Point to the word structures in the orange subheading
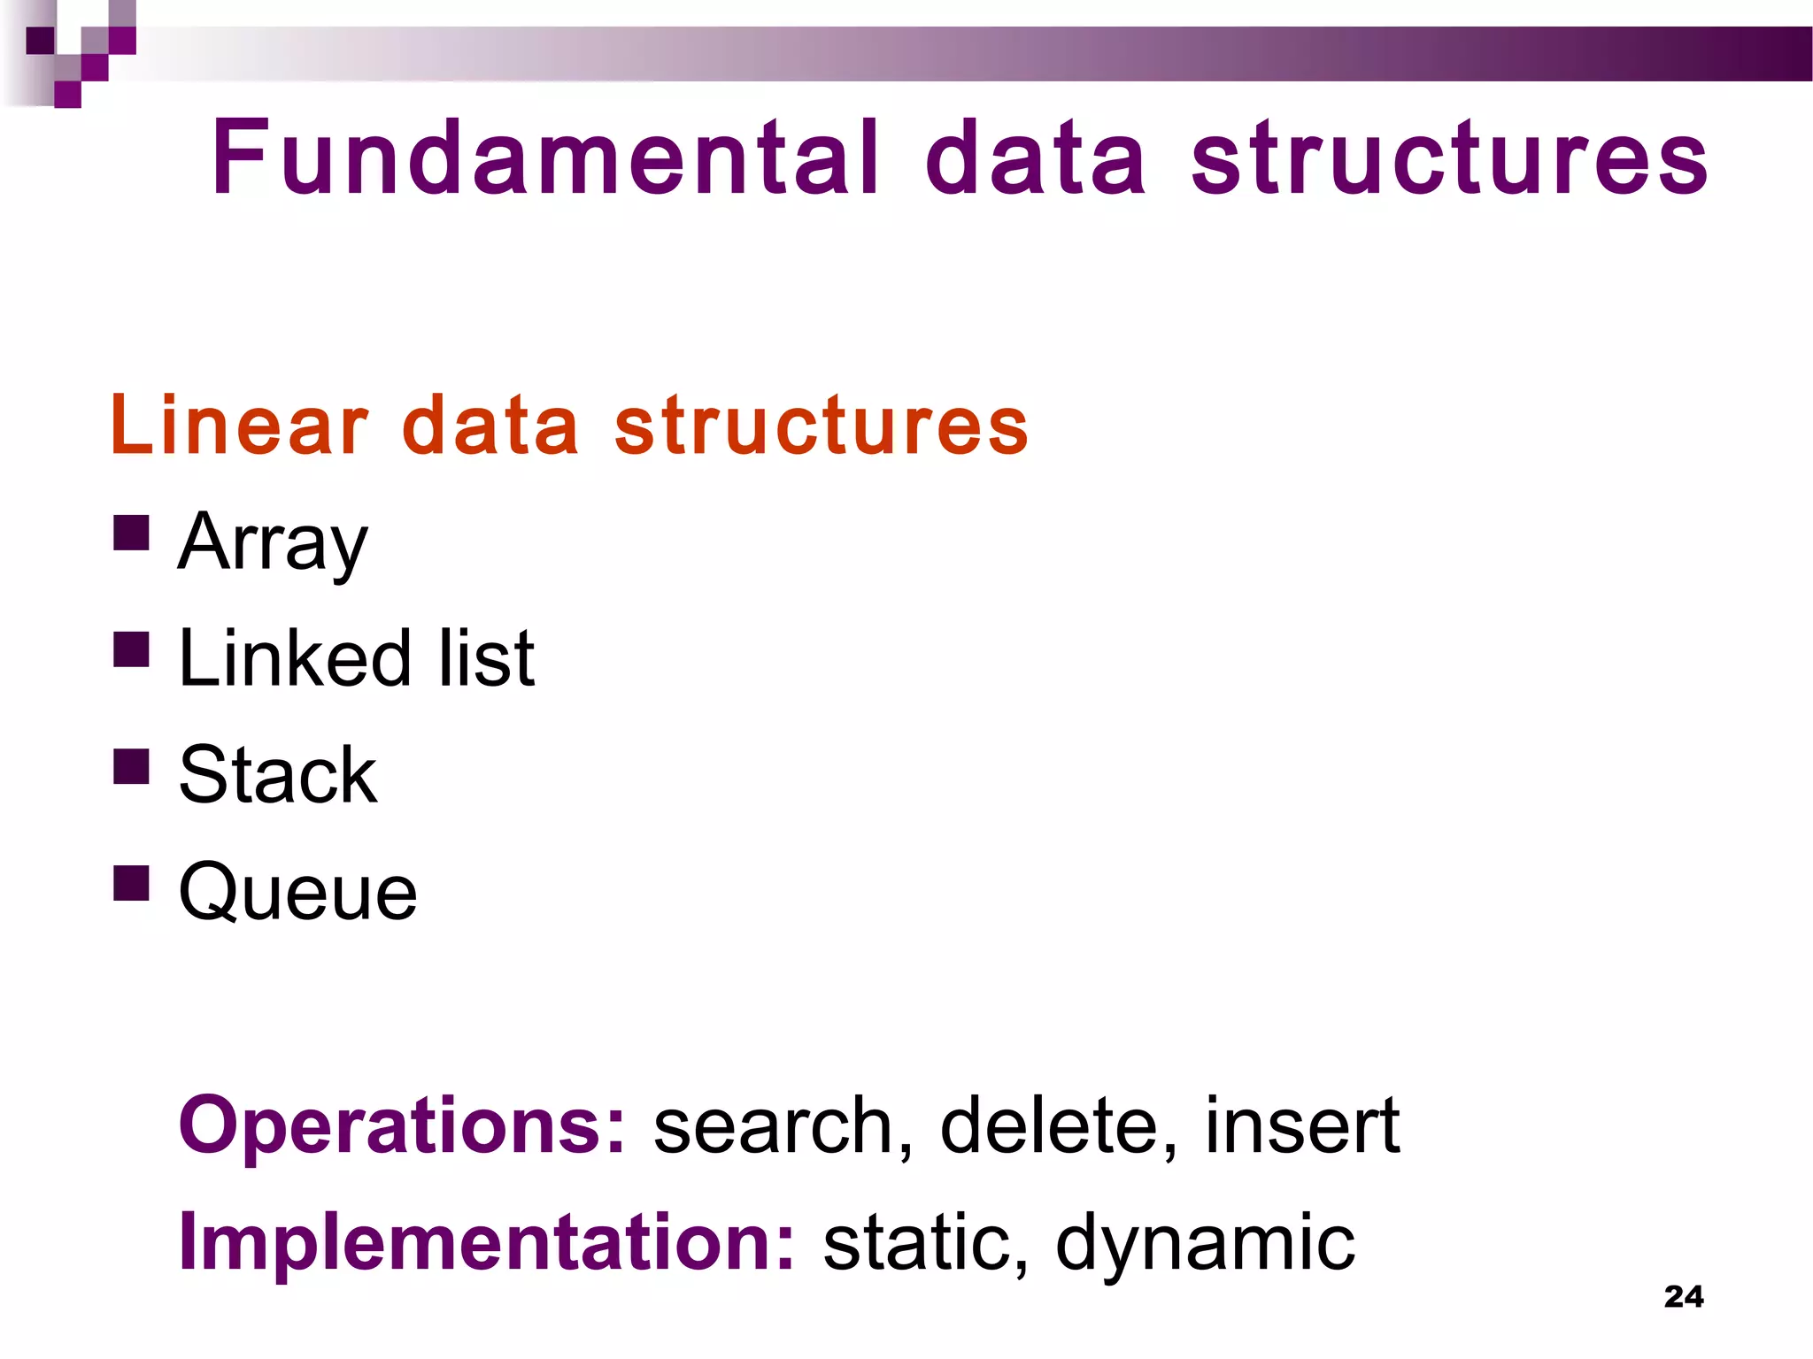pos(822,426)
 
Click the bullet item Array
pos(273,541)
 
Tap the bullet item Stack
pos(278,774)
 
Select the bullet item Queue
pos(297,892)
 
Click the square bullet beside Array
pos(131,534)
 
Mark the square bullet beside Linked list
pos(131,649)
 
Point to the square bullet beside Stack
pos(131,766)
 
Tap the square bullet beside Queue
pos(131,882)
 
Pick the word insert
pos(1302,1125)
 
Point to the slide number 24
pos(1684,1296)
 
